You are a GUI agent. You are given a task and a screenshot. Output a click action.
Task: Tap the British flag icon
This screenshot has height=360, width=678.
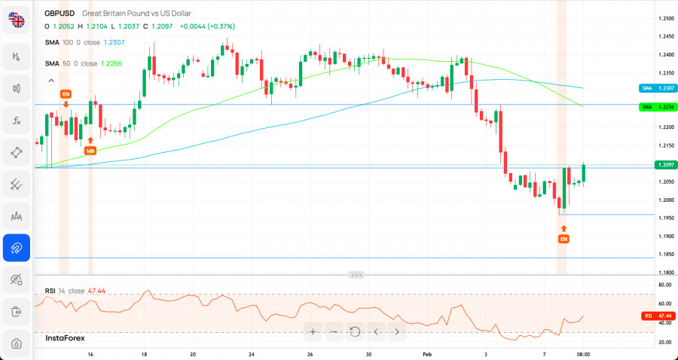(17, 20)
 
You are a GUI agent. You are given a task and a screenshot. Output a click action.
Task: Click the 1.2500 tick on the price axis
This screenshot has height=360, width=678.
(664, 18)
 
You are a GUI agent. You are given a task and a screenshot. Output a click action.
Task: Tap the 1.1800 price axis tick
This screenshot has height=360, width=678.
(664, 273)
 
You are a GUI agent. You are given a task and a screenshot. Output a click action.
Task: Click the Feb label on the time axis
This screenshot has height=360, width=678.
(427, 353)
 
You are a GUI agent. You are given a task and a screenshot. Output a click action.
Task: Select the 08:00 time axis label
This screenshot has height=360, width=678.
(583, 353)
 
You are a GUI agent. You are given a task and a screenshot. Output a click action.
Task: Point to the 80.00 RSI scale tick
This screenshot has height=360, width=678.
(664, 285)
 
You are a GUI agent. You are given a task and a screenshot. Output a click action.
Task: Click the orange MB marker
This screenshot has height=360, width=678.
(90, 151)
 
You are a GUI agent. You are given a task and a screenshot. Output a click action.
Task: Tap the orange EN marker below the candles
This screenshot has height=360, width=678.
(563, 239)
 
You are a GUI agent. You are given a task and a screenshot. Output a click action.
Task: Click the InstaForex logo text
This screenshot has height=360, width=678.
(66, 338)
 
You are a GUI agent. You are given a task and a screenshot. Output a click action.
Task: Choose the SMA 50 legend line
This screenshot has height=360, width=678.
(75, 64)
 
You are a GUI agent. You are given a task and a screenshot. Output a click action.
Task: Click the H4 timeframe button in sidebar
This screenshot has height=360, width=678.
(16, 56)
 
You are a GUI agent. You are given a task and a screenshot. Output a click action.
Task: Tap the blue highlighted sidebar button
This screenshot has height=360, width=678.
(16, 247)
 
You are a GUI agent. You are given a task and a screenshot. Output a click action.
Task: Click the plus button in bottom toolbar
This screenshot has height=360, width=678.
(313, 331)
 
